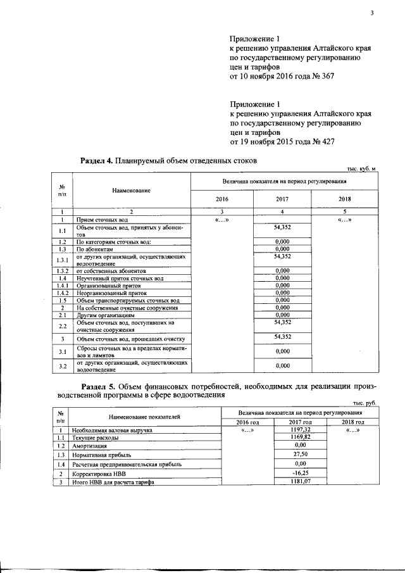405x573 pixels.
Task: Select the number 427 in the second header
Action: point(325,142)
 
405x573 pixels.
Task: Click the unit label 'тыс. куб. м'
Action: point(361,168)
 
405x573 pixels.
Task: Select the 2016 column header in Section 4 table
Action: point(222,198)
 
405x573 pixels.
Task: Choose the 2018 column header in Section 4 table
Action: point(347,198)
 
